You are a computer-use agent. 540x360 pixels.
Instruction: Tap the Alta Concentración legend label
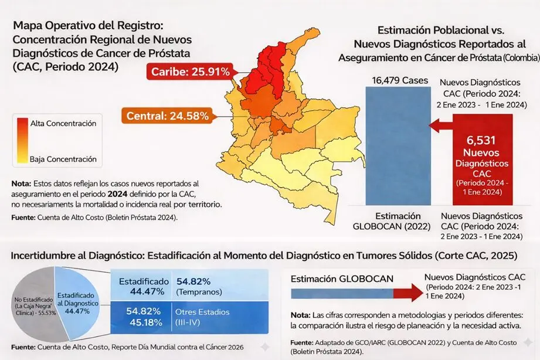pos(63,124)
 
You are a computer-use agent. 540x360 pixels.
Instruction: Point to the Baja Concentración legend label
pos(63,159)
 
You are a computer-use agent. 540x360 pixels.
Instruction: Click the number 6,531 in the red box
pos(483,140)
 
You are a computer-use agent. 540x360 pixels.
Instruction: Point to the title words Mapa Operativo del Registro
pos(91,26)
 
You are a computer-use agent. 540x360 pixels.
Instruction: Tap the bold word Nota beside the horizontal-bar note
pos(300,313)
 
